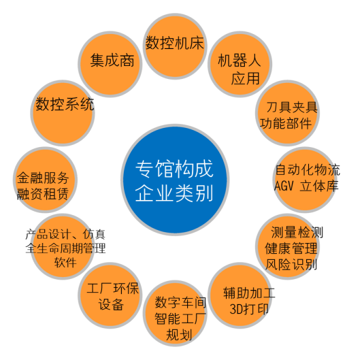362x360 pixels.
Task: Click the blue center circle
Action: tap(175, 180)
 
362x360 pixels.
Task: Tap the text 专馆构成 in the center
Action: tap(174, 169)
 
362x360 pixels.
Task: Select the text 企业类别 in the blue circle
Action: tap(174, 193)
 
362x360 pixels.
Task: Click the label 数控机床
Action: tap(175, 43)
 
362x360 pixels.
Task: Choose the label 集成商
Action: tap(112, 61)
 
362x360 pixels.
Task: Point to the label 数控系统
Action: tap(65, 104)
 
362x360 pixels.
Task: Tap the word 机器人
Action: tap(240, 61)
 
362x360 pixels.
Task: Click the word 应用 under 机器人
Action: tap(246, 78)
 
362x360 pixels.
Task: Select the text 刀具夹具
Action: tap(292, 108)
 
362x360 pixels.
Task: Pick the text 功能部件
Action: tap(286, 123)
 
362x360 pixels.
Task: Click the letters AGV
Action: tap(284, 186)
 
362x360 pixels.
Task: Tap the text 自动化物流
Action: tap(308, 169)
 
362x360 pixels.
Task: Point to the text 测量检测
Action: tap(297, 232)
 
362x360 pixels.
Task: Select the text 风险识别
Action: tap(291, 265)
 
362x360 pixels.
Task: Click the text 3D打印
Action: tap(249, 309)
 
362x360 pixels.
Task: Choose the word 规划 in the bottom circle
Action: tap(179, 335)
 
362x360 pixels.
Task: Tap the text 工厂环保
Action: tap(113, 288)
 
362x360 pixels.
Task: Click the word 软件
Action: tap(65, 263)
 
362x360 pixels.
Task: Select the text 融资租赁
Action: tap(43, 194)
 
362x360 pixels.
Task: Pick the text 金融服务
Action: tap(43, 178)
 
